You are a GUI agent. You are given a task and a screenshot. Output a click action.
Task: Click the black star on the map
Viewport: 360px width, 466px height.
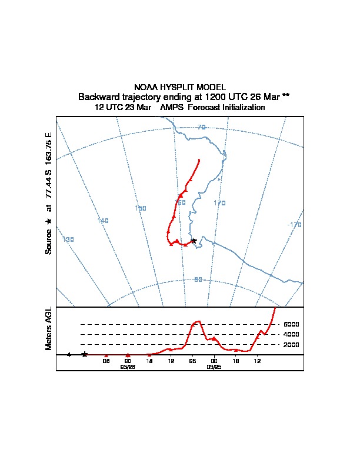[x=194, y=241]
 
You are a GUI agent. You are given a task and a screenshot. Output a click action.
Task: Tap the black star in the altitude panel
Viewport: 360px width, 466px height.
[x=85, y=354]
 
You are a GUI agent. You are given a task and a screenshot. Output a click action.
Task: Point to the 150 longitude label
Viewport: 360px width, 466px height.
[x=141, y=208]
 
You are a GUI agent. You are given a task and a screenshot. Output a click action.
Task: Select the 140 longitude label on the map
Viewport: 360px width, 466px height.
[x=103, y=221]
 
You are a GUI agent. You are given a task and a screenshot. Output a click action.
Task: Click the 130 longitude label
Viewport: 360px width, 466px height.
[x=68, y=239]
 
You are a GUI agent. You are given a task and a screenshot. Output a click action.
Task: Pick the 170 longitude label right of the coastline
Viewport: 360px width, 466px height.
[x=219, y=203]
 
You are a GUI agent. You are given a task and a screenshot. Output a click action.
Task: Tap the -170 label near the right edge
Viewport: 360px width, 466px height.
[x=294, y=225]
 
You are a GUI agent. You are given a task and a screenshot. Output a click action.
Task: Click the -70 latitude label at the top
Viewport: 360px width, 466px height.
[x=201, y=127]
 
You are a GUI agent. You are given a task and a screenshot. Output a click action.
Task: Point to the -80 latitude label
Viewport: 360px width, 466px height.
[x=198, y=279]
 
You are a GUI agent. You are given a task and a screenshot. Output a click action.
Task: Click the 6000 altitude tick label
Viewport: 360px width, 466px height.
[x=291, y=324]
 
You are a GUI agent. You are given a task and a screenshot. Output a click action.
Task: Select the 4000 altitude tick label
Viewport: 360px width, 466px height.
[x=291, y=334]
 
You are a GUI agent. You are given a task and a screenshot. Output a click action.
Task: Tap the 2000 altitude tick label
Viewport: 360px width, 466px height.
[x=291, y=344]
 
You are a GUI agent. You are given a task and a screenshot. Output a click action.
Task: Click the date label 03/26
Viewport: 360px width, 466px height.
[x=128, y=367]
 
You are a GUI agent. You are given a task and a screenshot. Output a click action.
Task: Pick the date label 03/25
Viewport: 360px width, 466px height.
[x=214, y=367]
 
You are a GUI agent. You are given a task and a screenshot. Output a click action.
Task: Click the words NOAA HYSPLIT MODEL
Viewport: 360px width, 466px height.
[x=180, y=87]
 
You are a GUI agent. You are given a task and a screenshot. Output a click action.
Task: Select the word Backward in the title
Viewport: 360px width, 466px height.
[x=98, y=96]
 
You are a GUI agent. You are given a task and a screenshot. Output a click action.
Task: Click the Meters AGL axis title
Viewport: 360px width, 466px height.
[x=49, y=328]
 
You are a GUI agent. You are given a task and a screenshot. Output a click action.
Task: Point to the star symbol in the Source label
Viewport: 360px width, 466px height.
[x=49, y=221]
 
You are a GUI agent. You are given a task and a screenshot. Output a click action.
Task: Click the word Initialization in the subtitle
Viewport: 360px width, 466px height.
[x=242, y=108]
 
